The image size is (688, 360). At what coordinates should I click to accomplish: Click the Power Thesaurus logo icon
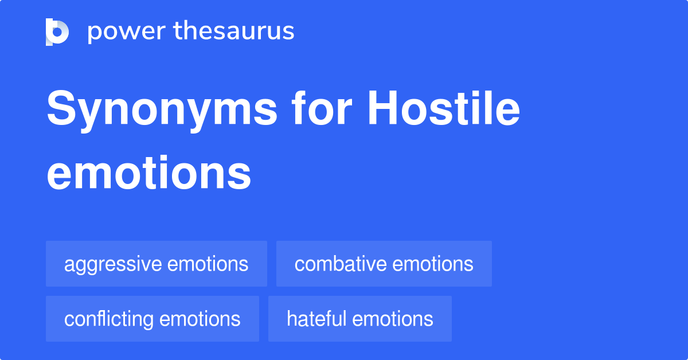tap(57, 32)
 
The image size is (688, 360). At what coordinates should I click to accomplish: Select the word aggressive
tap(113, 264)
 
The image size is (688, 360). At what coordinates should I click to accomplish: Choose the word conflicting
tap(109, 319)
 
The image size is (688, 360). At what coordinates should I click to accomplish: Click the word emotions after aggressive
tap(208, 264)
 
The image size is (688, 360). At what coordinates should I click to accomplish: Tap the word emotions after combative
tap(432, 264)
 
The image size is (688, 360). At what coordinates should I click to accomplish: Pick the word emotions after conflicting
tap(200, 319)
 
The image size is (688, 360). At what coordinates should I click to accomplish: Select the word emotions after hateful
tap(392, 319)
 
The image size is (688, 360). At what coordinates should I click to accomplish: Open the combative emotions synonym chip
tap(384, 264)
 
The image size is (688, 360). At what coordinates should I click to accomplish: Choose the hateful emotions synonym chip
tap(359, 319)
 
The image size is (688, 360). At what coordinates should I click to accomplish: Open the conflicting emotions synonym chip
tap(152, 319)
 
